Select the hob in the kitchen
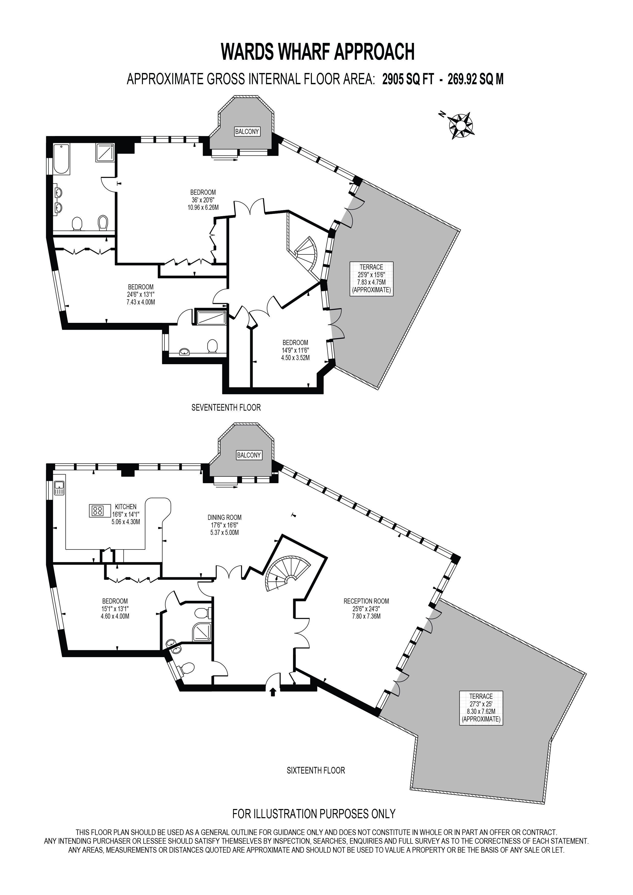click(98, 511)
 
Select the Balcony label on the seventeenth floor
click(247, 131)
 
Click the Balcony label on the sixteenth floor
click(249, 455)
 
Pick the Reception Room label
click(366, 601)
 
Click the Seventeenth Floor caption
click(226, 407)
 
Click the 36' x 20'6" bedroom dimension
click(203, 200)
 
